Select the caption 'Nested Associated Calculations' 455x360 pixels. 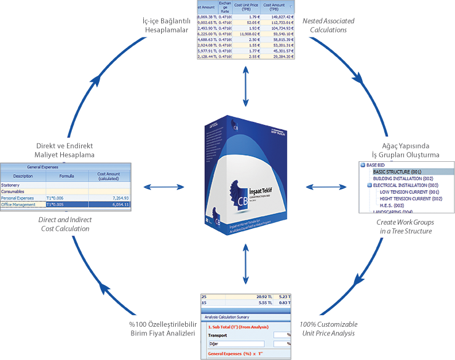click(x=328, y=25)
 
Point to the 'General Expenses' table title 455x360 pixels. click(x=65, y=167)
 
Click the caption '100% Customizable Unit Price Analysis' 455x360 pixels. click(x=327, y=329)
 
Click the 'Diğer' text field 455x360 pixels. click(x=237, y=343)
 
